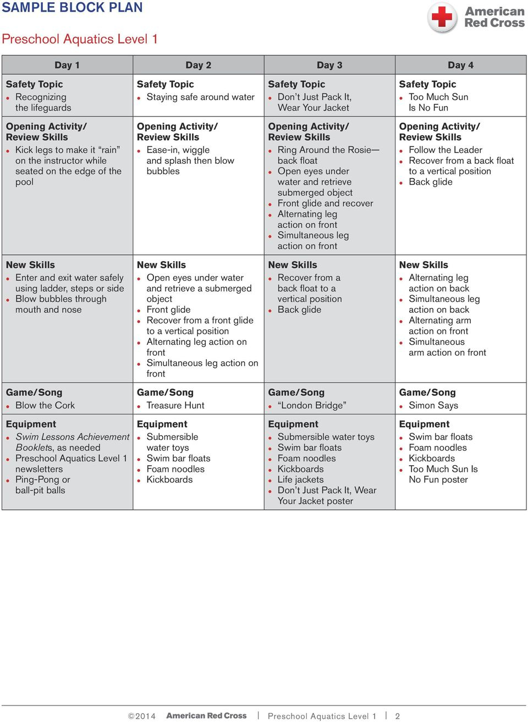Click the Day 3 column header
pyautogui.click(x=329, y=65)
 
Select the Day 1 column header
pyautogui.click(x=67, y=65)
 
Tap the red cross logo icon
pyautogui.click(x=442, y=17)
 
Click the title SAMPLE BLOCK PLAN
pyautogui.click(x=72, y=8)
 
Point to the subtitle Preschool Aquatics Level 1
pyautogui.click(x=80, y=39)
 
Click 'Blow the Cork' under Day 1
pyautogui.click(x=45, y=405)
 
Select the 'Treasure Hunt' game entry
pyautogui.click(x=175, y=405)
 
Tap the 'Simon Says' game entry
pyautogui.click(x=433, y=405)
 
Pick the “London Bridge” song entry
pyautogui.click(x=312, y=405)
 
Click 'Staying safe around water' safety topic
pyautogui.click(x=200, y=97)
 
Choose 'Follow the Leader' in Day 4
pyautogui.click(x=446, y=150)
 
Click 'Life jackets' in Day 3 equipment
pyautogui.click(x=300, y=480)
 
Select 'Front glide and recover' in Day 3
pyautogui.click(x=325, y=203)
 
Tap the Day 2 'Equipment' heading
pyautogui.click(x=162, y=424)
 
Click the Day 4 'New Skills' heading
pyautogui.click(x=424, y=264)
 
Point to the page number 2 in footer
pyautogui.click(x=397, y=716)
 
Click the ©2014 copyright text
pyautogui.click(x=142, y=716)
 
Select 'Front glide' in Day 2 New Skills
pyautogui.click(x=168, y=310)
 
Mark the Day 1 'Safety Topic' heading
pyautogui.click(x=34, y=84)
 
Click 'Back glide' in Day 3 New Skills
pyautogui.click(x=299, y=310)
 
